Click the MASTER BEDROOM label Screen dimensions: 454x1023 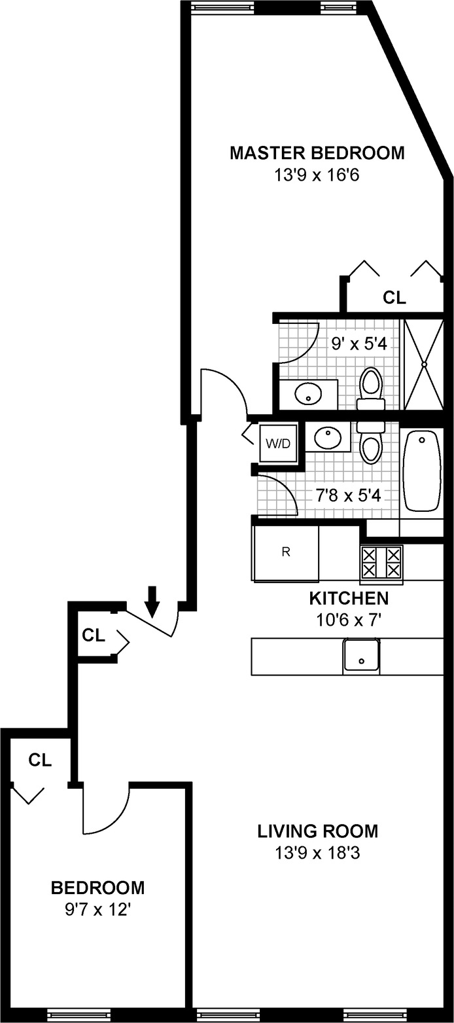pyautogui.click(x=317, y=154)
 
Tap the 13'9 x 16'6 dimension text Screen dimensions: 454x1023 pyautogui.click(x=317, y=175)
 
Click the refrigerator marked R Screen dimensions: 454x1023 pyautogui.click(x=286, y=552)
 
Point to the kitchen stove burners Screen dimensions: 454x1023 pyautogui.click(x=381, y=562)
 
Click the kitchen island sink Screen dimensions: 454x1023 pyautogui.click(x=360, y=656)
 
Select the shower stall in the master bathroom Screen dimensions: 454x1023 pyautogui.click(x=424, y=364)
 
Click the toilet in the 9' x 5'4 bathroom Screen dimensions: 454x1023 pyautogui.click(x=371, y=389)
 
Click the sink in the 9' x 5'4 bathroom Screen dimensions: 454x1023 pyautogui.click(x=307, y=394)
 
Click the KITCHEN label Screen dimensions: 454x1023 pyautogui.click(x=349, y=598)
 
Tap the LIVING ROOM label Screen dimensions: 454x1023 pyautogui.click(x=317, y=832)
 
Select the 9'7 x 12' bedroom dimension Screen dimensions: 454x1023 pyautogui.click(x=98, y=908)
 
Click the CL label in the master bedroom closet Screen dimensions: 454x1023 pyautogui.click(x=394, y=298)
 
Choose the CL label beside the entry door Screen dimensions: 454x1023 pyautogui.click(x=94, y=635)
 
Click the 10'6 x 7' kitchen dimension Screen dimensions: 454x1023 pyautogui.click(x=349, y=619)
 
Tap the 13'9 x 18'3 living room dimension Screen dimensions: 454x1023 pyautogui.click(x=317, y=853)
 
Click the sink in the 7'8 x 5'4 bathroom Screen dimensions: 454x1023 pyautogui.click(x=326, y=437)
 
